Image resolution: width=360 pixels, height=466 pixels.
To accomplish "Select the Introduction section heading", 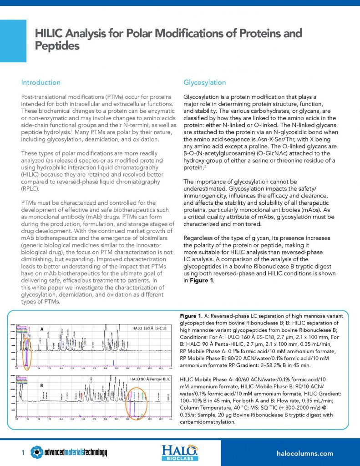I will click(x=41, y=82).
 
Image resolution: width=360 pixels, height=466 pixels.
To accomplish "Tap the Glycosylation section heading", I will click(x=204, y=82).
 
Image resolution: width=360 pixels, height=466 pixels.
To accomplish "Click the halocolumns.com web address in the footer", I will click(x=305, y=453).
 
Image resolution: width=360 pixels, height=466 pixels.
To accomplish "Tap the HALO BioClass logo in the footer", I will click(x=180, y=453).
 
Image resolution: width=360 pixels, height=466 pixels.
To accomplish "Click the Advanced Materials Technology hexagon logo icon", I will click(x=37, y=453).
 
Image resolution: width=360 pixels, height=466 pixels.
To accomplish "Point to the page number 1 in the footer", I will click(x=23, y=453).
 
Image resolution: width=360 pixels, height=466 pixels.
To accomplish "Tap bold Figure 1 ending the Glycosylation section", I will click(x=198, y=281).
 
